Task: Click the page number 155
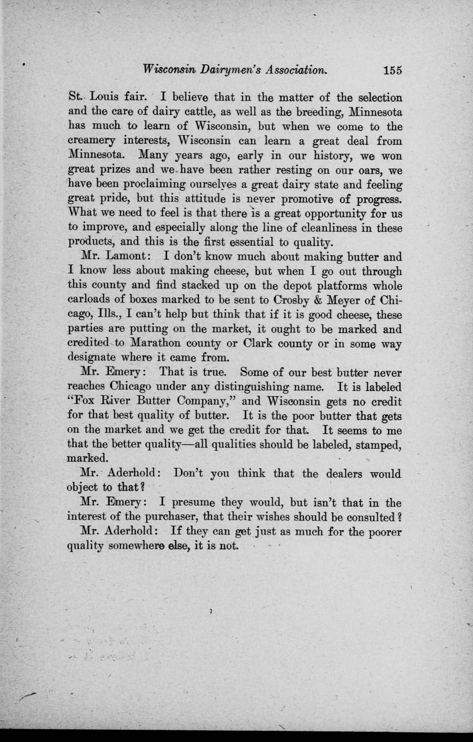pyautogui.click(x=392, y=71)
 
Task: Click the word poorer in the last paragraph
pyautogui.click(x=382, y=532)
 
